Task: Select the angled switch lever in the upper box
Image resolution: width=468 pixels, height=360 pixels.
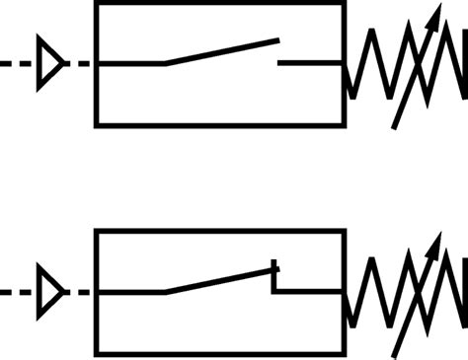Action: tap(222, 52)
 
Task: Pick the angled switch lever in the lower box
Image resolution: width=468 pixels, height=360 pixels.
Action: tap(219, 281)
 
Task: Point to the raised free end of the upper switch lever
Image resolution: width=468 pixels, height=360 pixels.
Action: tap(277, 41)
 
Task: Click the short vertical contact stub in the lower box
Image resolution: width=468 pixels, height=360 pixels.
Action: tap(275, 278)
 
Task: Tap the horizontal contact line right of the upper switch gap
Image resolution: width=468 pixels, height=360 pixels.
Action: tap(310, 63)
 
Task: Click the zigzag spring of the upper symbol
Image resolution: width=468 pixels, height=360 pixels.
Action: tap(405, 64)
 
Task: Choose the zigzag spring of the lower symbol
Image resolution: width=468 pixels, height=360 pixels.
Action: tap(405, 293)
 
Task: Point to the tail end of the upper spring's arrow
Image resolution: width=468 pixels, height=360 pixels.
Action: tap(395, 126)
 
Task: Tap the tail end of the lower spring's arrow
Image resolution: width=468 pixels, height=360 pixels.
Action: tap(395, 353)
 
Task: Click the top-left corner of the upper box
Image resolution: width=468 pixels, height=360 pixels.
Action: tap(97, 4)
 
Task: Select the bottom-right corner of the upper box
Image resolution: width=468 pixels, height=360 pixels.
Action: tap(344, 124)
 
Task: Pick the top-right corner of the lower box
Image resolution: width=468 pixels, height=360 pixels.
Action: tap(344, 232)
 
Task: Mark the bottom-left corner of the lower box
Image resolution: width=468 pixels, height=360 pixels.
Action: tap(97, 353)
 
